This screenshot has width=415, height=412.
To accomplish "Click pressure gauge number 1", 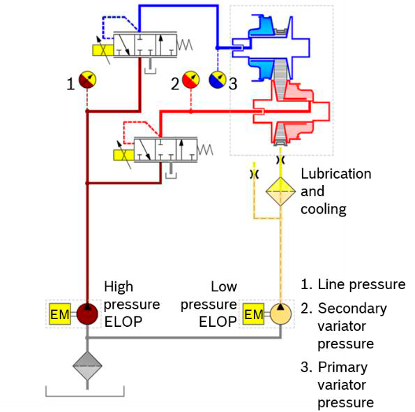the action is (x=87, y=80).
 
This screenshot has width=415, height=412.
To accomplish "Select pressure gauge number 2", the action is (x=191, y=80).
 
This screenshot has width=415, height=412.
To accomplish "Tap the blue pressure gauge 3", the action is (x=218, y=80).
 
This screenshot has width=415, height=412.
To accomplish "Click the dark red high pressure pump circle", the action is (x=87, y=314).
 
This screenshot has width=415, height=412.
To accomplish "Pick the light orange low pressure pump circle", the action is (x=281, y=314).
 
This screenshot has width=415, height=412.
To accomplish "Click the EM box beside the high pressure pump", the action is (x=60, y=314).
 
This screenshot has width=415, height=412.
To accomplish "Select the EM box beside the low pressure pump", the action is (x=254, y=314).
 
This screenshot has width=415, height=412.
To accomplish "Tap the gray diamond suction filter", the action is (x=87, y=366).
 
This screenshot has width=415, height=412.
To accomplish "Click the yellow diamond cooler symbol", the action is (x=280, y=191).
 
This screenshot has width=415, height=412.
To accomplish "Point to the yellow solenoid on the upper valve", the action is (x=103, y=50).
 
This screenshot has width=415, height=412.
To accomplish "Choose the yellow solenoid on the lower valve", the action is (x=123, y=155).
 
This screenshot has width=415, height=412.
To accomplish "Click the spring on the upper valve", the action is (x=185, y=45).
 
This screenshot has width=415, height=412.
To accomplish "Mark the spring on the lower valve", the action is (x=205, y=149).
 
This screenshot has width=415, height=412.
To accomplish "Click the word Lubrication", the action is (x=336, y=174).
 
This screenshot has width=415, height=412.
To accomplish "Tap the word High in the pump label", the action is (x=119, y=287).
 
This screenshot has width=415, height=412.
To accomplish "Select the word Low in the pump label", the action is (x=224, y=287).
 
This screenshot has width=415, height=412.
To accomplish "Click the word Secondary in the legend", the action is (x=352, y=309).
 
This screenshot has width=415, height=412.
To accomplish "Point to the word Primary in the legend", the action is (x=342, y=368).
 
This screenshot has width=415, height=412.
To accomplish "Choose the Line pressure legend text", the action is (x=354, y=285).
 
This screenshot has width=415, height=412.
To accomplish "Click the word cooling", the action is (x=324, y=209).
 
